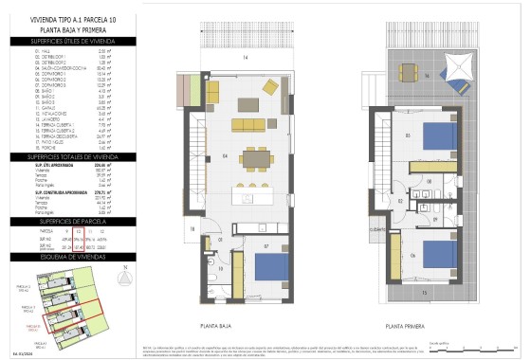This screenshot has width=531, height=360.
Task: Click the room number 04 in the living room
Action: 225,155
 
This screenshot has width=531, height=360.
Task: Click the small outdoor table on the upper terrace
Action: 408,71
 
